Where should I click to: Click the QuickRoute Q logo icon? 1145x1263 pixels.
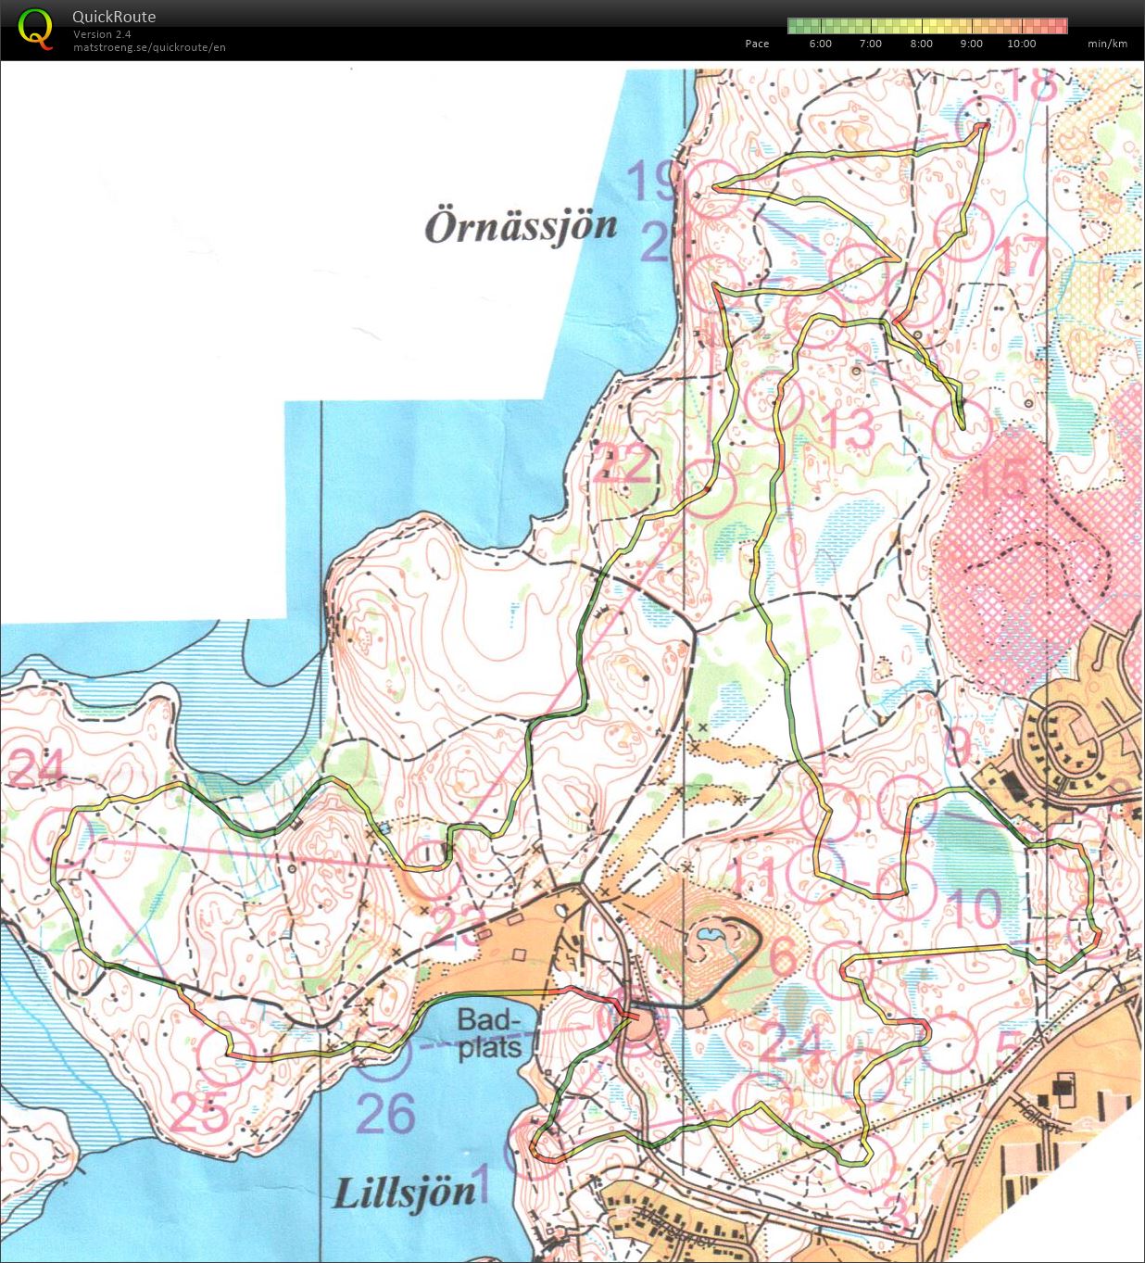[x=35, y=29]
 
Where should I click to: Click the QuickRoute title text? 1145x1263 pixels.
[x=114, y=17]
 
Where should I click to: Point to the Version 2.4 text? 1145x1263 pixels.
[x=102, y=34]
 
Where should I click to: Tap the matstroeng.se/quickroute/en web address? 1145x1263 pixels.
[x=149, y=47]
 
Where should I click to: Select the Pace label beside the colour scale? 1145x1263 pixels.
[x=757, y=44]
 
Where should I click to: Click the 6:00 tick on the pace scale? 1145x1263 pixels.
[x=820, y=44]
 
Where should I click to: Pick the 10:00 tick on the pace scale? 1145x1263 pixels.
[x=1021, y=44]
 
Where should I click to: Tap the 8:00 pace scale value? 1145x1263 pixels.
[x=921, y=44]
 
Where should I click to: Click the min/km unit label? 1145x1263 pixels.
[x=1107, y=44]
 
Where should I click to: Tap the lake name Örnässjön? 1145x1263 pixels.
[x=521, y=226]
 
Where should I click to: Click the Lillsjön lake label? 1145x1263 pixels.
[x=404, y=1194]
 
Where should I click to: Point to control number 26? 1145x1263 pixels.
[x=385, y=1114]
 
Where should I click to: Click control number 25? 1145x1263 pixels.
[x=198, y=1112]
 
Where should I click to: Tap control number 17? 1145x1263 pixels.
[x=1020, y=256]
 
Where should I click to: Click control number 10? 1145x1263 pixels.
[x=973, y=908]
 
